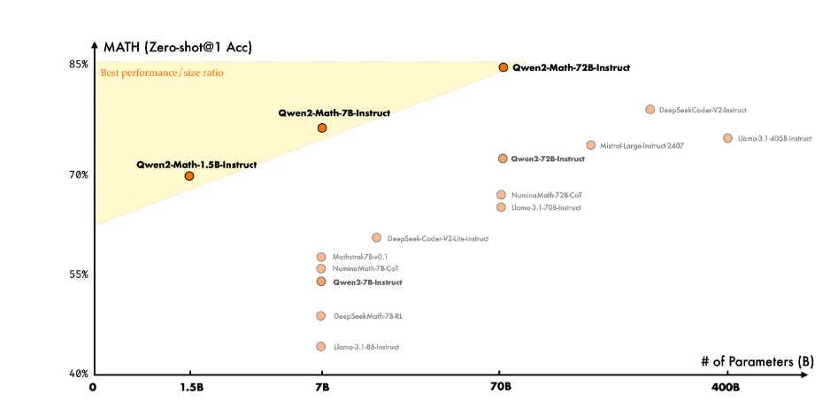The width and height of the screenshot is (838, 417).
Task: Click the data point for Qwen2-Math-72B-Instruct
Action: [x=503, y=67]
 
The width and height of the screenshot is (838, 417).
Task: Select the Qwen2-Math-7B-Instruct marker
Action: [x=322, y=128]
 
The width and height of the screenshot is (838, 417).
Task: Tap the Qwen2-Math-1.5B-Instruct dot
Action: [x=189, y=176]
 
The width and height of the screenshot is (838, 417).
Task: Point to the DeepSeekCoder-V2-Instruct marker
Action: [x=650, y=110]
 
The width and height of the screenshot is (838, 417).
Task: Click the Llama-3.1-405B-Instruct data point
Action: [x=727, y=138]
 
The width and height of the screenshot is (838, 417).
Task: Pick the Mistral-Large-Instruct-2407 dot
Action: [x=590, y=145]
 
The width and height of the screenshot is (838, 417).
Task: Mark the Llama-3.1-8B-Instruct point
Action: [x=321, y=347]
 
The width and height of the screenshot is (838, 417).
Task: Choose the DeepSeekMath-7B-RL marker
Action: [x=321, y=316]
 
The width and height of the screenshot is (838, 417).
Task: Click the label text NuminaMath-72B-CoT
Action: [x=546, y=195]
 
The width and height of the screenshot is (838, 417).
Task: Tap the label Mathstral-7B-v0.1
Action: [x=359, y=257]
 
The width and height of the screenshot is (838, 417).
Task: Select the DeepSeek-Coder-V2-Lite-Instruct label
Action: [x=437, y=238]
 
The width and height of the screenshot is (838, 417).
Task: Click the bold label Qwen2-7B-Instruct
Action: [x=367, y=282]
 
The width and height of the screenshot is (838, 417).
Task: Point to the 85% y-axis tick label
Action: [x=79, y=65]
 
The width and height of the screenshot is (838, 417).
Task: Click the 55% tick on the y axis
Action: [x=79, y=274]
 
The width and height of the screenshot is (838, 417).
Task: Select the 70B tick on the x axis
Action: [x=500, y=387]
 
